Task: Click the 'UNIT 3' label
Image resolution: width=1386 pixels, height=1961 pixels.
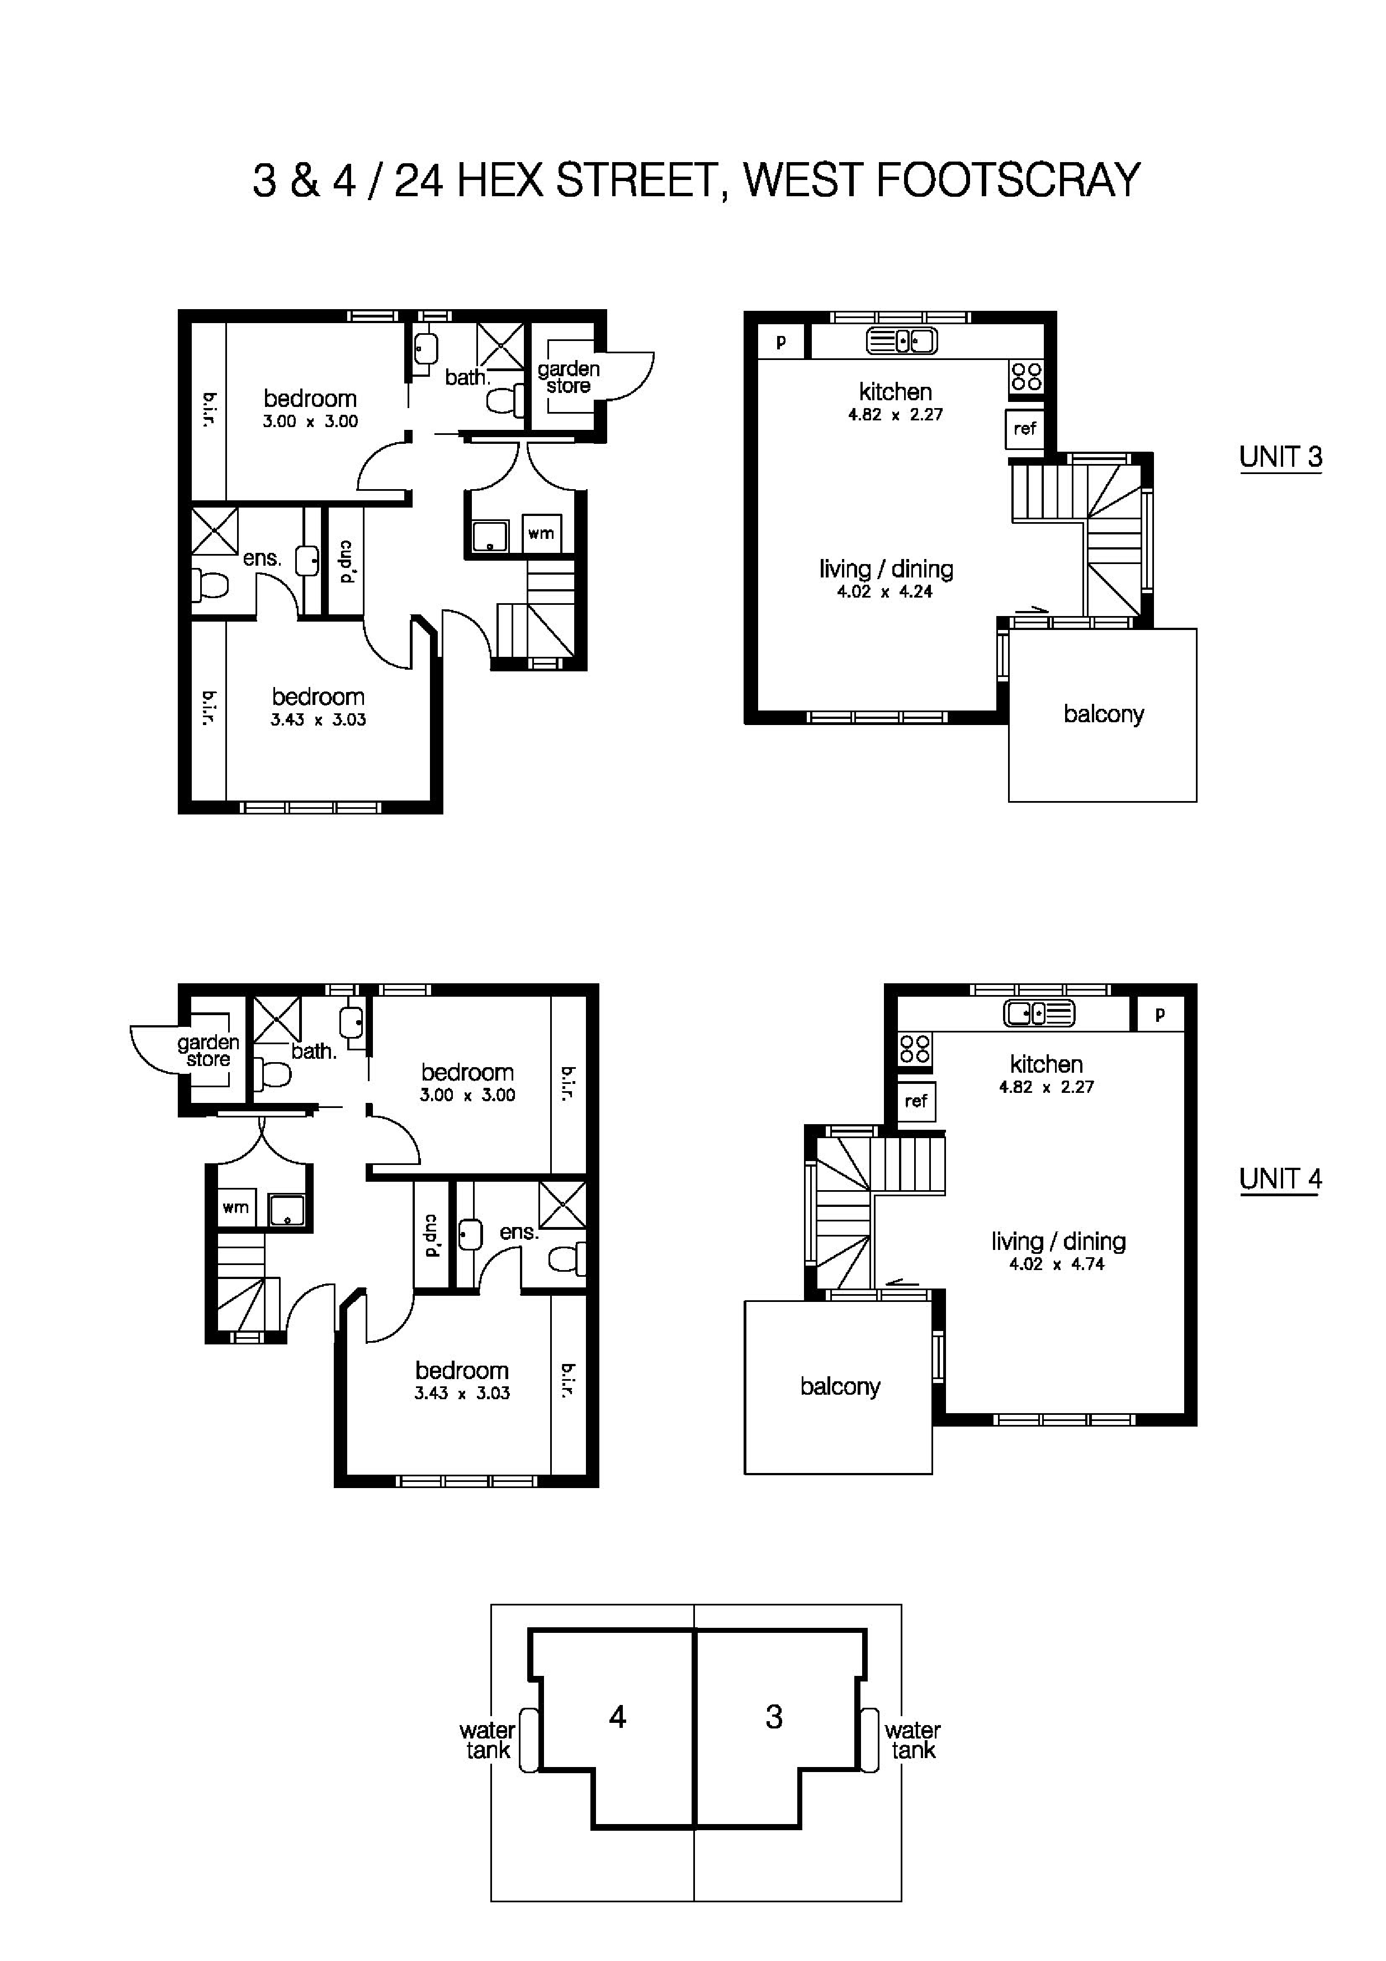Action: (x=1279, y=457)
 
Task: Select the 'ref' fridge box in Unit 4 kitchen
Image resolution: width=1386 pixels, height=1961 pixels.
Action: (x=915, y=1101)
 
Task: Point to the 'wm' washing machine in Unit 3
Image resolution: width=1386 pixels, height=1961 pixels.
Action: (x=541, y=534)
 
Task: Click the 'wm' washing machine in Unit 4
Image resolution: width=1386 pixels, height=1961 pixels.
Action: (x=235, y=1207)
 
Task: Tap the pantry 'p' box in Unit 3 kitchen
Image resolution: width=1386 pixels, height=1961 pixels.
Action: (x=780, y=343)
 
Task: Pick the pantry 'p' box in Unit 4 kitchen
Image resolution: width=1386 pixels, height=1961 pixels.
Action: (x=1160, y=1015)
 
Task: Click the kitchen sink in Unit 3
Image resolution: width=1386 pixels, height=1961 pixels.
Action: (x=902, y=341)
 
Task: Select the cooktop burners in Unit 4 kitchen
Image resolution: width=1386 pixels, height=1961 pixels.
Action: (x=915, y=1049)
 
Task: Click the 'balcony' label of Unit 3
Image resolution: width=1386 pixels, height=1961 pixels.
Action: (x=1103, y=714)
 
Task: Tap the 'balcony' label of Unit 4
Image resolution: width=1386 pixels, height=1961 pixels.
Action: (x=839, y=1386)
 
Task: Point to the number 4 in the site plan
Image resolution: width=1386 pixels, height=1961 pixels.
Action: (x=617, y=1717)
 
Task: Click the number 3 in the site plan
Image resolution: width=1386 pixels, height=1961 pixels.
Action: (x=774, y=1717)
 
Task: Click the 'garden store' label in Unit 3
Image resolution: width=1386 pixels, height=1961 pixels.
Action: (x=568, y=377)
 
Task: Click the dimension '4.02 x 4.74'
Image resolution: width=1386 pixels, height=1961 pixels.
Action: (x=1057, y=1264)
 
